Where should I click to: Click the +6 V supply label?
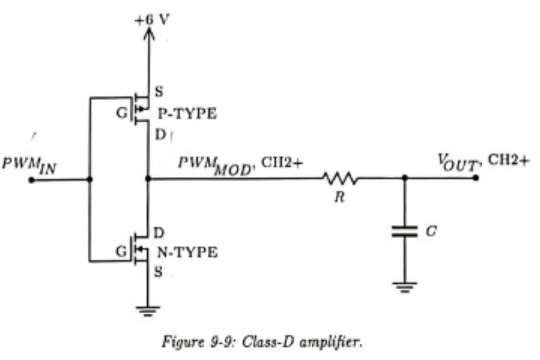tap(152, 19)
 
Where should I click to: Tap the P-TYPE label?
tap(187, 114)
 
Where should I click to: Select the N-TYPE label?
tap(188, 252)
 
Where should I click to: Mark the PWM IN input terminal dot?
tap(32, 180)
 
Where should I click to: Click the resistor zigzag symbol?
tap(340, 178)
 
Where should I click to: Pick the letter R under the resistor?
tap(339, 197)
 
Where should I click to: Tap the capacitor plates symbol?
tap(404, 231)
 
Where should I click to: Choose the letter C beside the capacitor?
tap(431, 231)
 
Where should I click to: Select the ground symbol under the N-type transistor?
tap(148, 311)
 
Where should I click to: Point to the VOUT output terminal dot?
tap(475, 178)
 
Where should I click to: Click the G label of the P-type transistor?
tap(122, 113)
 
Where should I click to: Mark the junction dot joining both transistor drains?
tap(148, 178)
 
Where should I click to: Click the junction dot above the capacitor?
tap(404, 178)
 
